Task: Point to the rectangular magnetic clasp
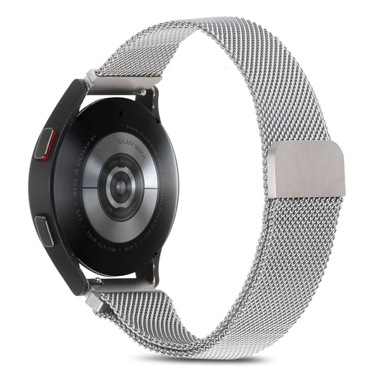point(308,169)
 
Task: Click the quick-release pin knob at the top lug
point(143,91)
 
